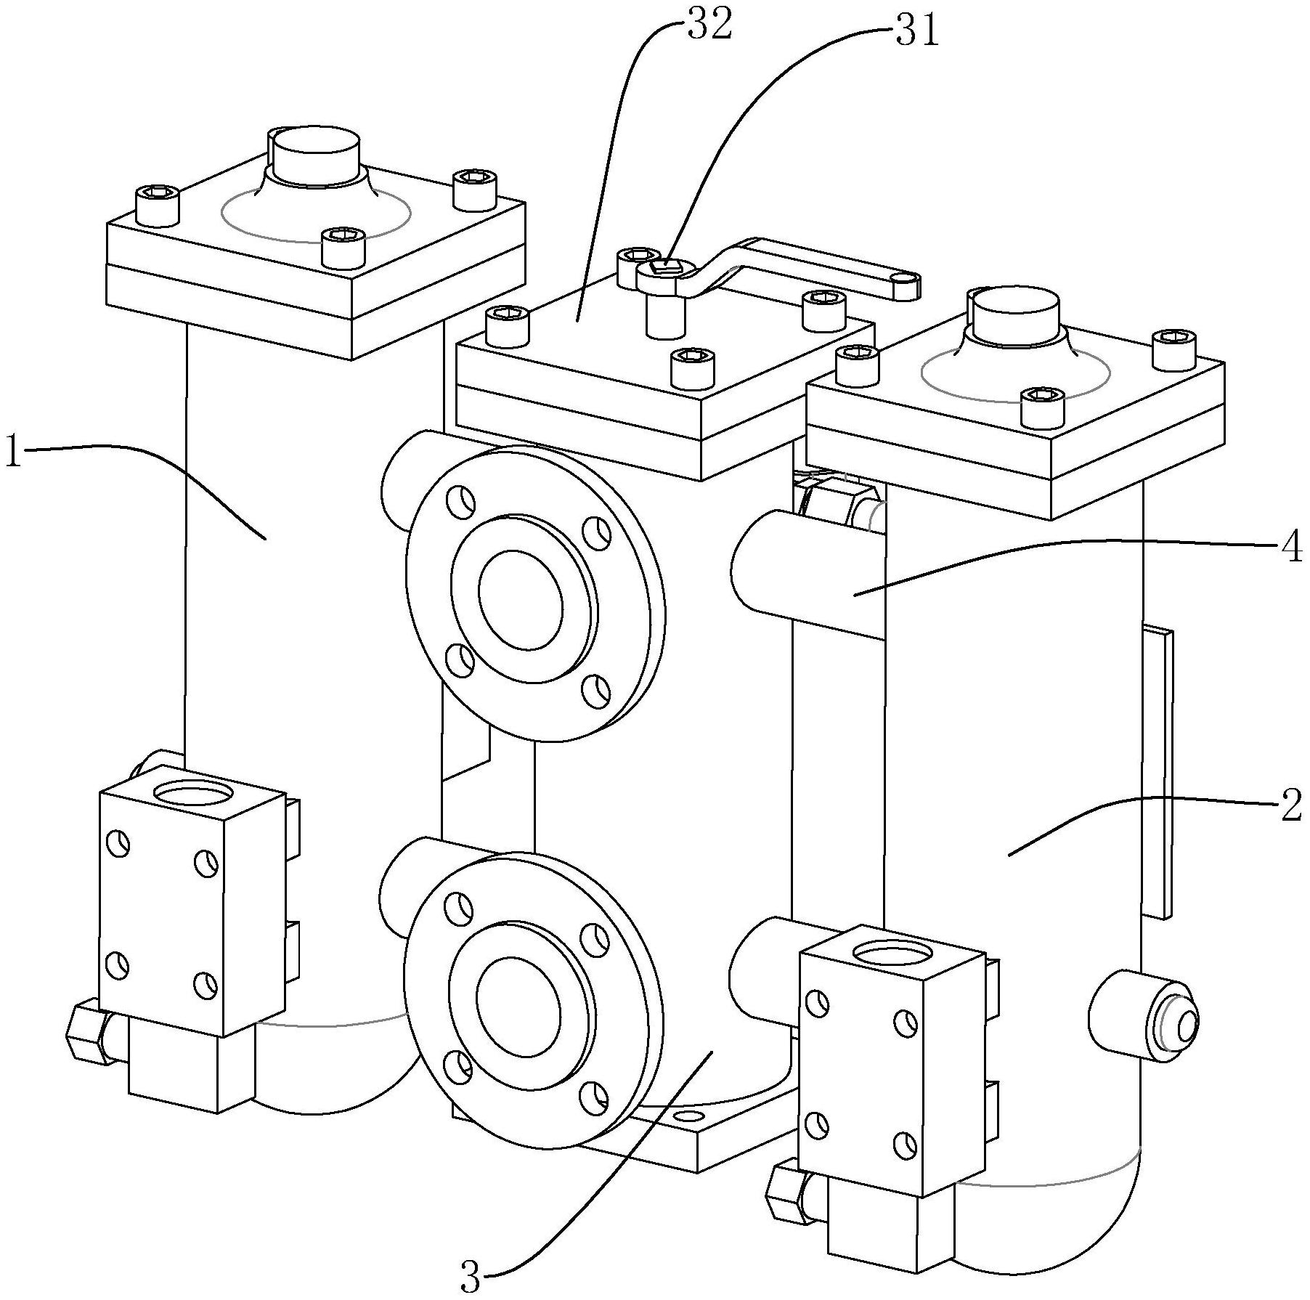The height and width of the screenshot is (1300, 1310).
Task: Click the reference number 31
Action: coord(916,32)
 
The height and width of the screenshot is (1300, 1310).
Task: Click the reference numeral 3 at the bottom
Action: coord(470,1277)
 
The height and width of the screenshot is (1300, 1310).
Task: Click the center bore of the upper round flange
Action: coord(520,600)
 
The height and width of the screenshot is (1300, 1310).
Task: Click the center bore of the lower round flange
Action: coord(518,1007)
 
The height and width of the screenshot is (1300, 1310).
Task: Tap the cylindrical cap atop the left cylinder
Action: coord(314,155)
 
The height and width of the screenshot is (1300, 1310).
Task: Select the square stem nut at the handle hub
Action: coord(666,268)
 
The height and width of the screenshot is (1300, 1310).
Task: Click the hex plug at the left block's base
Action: coord(86,1034)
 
